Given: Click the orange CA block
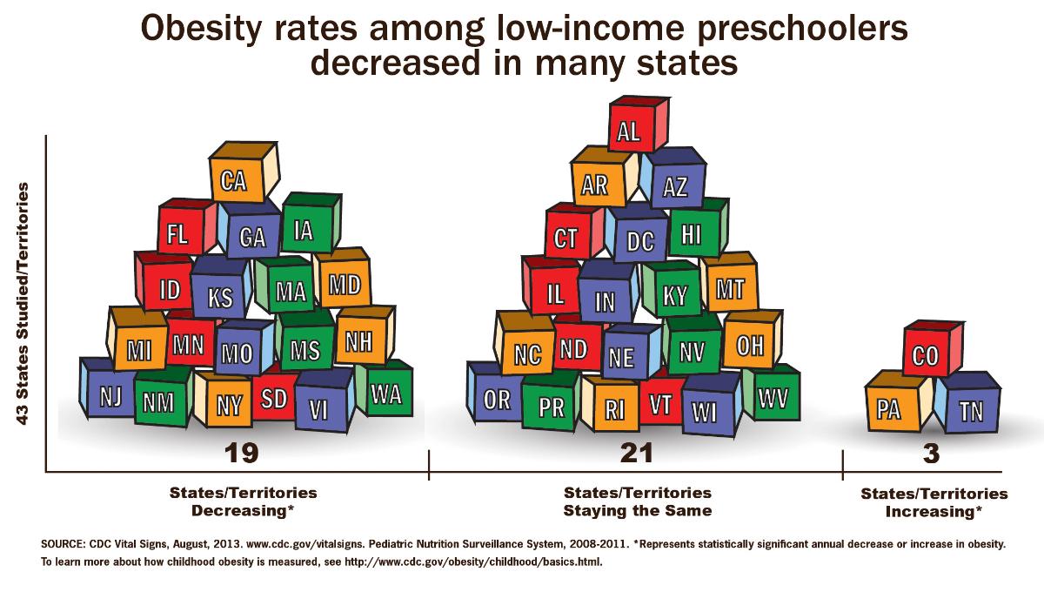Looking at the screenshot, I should coord(234,182).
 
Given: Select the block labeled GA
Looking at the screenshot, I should coord(251,236).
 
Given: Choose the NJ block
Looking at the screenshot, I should coord(110,397).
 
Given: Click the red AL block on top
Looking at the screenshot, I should coord(629,131).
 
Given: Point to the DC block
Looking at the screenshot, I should coord(639,240).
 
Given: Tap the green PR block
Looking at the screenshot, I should coord(552,407).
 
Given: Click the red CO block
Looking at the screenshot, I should coord(925,357).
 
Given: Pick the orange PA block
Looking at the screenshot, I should coord(888,409).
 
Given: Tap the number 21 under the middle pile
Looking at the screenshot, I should coord(636,454).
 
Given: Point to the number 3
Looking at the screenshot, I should coord(934,454).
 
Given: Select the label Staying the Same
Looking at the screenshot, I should coord(637,510).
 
